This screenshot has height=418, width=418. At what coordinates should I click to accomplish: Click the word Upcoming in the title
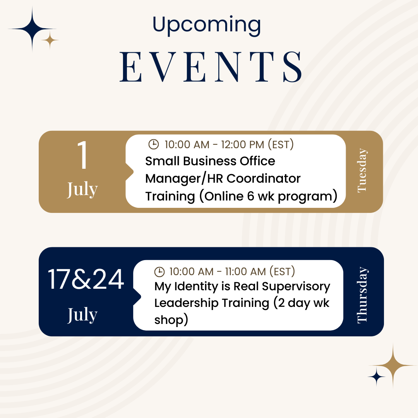(x=207, y=26)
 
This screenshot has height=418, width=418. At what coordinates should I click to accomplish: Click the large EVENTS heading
(x=211, y=67)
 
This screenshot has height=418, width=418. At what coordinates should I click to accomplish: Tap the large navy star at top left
(x=32, y=29)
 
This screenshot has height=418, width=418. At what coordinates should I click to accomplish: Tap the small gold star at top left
(x=50, y=40)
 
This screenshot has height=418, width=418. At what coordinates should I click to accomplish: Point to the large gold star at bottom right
(x=393, y=365)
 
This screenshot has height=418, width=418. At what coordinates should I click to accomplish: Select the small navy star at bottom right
(x=377, y=377)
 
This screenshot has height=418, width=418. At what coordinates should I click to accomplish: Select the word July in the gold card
(x=82, y=190)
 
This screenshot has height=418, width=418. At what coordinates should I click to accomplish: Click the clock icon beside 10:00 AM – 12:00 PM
(x=154, y=144)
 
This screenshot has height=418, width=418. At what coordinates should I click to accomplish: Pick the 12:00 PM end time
(x=242, y=145)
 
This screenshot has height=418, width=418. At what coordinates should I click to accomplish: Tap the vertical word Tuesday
(x=362, y=170)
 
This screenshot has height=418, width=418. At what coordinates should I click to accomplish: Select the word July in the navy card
(x=82, y=315)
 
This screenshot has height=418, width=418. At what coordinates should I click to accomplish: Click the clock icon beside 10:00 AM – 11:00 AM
(x=159, y=272)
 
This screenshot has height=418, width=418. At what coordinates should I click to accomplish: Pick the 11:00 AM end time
(x=245, y=272)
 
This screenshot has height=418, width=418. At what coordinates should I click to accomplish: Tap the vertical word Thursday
(x=362, y=295)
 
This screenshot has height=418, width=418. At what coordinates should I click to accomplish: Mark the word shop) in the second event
(x=171, y=320)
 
